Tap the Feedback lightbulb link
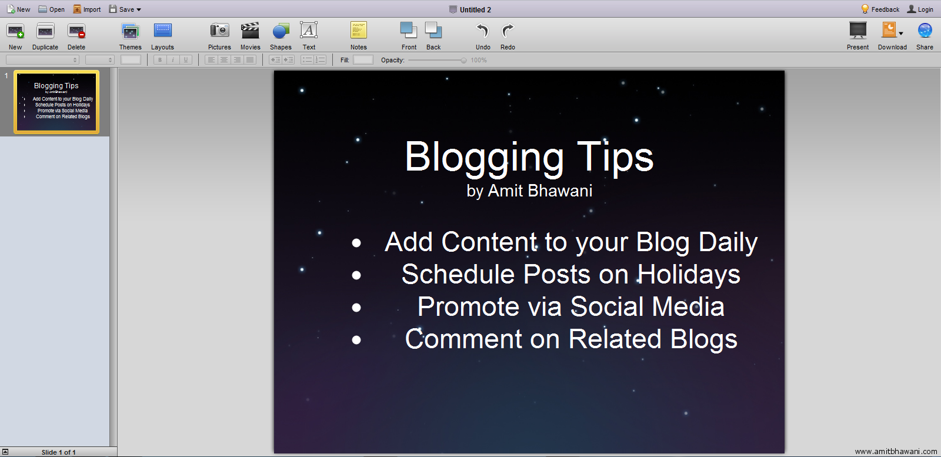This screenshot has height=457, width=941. pos(880,9)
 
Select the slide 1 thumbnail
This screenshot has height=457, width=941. pos(56,102)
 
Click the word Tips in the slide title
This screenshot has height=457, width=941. pos(615,158)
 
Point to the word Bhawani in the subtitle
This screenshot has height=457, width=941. pos(560,191)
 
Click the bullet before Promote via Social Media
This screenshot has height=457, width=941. pos(356,308)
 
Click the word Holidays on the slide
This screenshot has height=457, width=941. pos(689,275)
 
